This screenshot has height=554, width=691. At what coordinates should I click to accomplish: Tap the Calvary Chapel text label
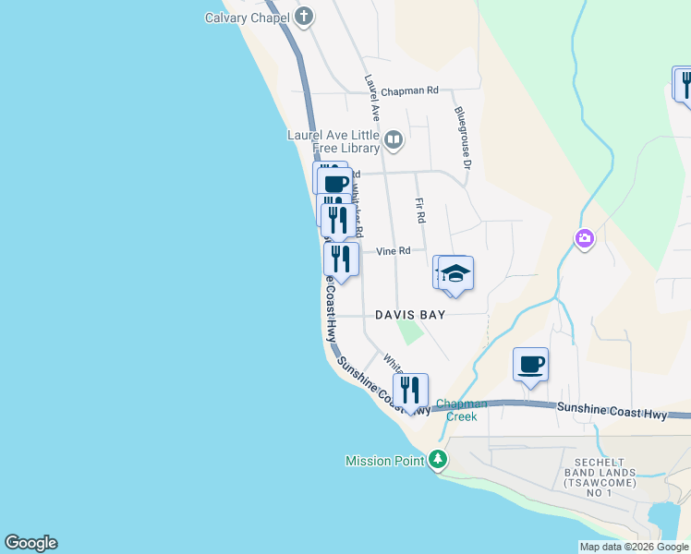click(x=247, y=18)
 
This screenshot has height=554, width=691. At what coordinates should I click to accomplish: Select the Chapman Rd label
click(x=413, y=90)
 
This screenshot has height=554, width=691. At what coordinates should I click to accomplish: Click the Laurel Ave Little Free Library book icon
click(x=394, y=140)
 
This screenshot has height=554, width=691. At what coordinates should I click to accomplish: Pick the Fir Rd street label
click(x=420, y=211)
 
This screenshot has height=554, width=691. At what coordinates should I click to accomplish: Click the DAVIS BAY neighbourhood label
click(x=410, y=315)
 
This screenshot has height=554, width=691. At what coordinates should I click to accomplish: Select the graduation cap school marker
click(x=456, y=273)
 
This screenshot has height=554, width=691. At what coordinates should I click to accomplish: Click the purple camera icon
click(x=584, y=240)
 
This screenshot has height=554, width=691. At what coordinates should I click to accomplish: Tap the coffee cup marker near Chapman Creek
click(x=531, y=365)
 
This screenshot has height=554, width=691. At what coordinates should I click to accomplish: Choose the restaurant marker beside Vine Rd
click(x=341, y=259)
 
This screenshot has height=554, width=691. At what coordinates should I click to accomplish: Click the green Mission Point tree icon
click(x=437, y=460)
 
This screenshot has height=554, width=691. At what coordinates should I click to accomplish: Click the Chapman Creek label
click(x=461, y=410)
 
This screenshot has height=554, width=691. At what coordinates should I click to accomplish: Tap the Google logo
click(x=30, y=543)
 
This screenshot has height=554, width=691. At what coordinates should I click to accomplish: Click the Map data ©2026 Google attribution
click(x=634, y=547)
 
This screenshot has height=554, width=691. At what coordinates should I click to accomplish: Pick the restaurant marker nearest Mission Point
click(x=411, y=391)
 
